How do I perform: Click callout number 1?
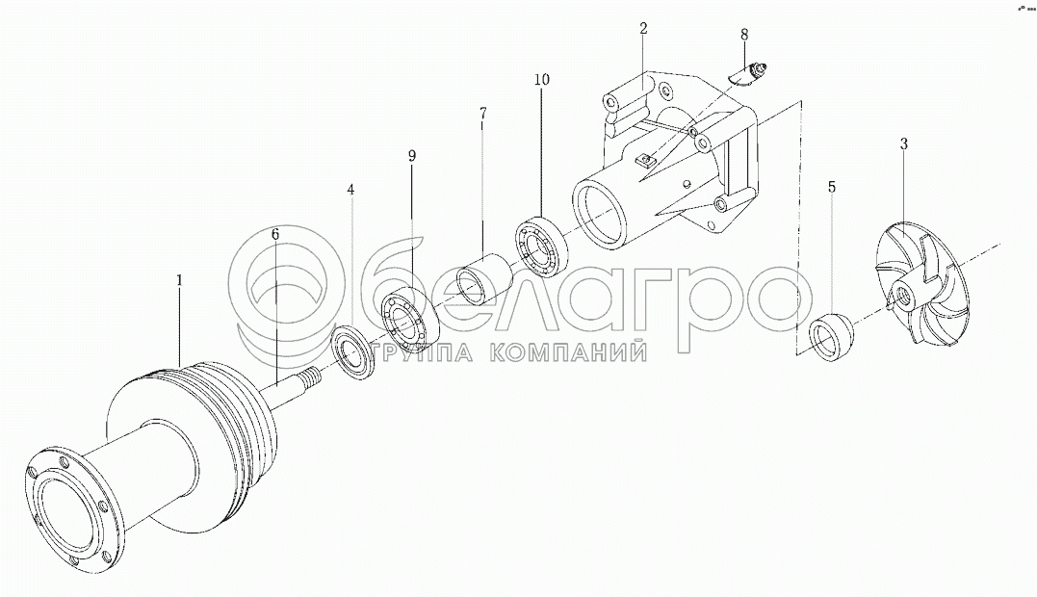click(179, 280)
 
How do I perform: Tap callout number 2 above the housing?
click(643, 29)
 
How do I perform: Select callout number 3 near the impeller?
click(903, 143)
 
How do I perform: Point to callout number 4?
click(351, 190)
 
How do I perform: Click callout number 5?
click(832, 187)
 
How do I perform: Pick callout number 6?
click(275, 234)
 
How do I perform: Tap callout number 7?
click(482, 112)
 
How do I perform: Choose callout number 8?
click(744, 34)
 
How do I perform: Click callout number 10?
click(542, 79)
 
